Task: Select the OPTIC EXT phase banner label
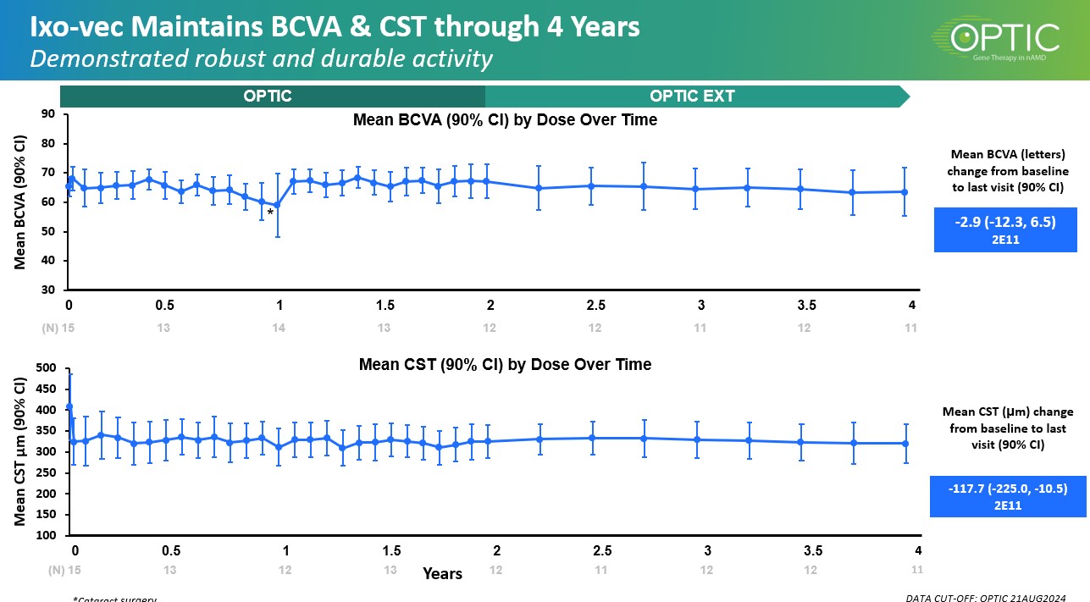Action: (692, 96)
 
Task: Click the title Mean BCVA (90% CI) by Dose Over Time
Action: (505, 120)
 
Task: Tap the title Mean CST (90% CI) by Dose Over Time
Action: (505, 365)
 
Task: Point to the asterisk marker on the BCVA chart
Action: (270, 213)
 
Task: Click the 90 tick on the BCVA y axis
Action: (47, 114)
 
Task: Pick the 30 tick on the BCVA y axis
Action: (47, 290)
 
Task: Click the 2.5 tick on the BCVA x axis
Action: (595, 306)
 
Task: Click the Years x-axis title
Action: (443, 574)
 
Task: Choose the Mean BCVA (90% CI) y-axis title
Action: (20, 202)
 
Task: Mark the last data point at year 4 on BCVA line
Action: (905, 191)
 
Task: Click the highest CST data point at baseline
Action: (69, 406)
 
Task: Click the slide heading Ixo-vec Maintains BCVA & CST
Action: (335, 28)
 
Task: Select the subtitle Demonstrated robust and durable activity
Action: (261, 59)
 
